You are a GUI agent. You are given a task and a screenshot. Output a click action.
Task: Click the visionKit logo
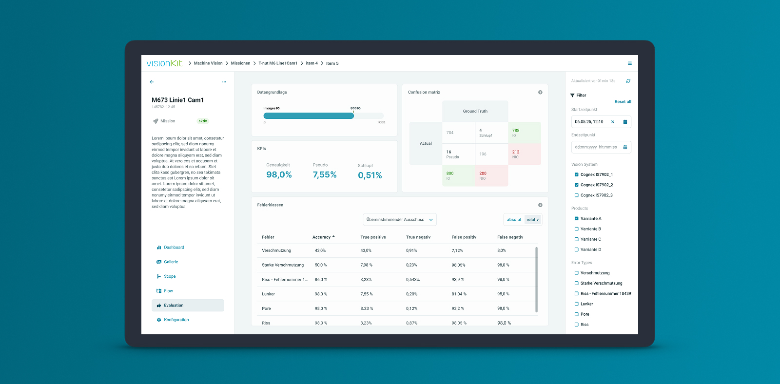[164, 63]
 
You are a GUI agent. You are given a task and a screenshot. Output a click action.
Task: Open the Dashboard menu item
[174, 248]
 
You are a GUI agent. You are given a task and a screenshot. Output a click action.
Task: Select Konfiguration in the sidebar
[176, 320]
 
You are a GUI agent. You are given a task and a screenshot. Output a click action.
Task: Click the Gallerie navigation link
[171, 262]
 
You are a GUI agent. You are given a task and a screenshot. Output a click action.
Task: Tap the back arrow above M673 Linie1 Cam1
[152, 82]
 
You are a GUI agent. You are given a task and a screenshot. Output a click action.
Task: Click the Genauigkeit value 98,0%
[279, 174]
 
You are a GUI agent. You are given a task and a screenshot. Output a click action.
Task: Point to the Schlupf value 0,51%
[370, 175]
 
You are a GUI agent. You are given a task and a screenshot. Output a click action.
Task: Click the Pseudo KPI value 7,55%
[325, 174]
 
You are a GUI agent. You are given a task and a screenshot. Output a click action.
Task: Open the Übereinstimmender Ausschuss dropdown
[399, 220]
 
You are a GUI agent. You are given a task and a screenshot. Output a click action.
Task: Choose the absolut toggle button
[514, 220]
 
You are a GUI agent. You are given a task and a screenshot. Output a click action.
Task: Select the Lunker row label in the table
[268, 294]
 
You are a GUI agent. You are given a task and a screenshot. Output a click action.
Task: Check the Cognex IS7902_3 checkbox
[576, 195]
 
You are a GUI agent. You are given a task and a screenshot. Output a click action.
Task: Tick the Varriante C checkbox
[576, 239]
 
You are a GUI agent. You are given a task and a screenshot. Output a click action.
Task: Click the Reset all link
[623, 102]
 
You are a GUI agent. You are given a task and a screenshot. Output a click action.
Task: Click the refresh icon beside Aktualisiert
[628, 81]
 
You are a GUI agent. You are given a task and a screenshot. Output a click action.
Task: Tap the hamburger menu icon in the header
[630, 63]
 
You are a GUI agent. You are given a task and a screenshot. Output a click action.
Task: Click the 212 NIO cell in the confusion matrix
[524, 154]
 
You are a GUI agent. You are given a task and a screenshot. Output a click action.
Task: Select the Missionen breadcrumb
[240, 63]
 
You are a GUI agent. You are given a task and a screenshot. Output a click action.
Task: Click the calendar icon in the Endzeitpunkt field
[625, 147]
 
